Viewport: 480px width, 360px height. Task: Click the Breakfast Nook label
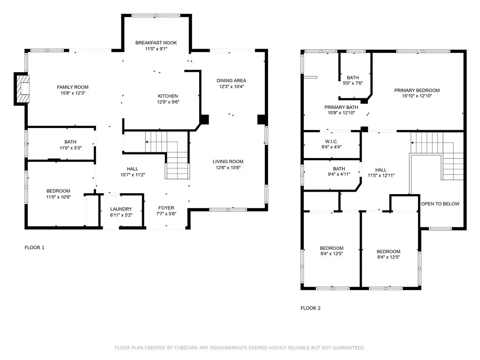point(156,43)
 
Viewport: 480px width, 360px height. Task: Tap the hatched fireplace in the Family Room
point(23,89)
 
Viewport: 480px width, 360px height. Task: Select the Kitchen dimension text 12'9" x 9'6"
point(168,102)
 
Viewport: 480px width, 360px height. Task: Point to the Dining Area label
point(231,81)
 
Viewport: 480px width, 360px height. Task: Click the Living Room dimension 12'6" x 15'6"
point(228,167)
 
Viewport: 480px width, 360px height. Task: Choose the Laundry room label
point(121,209)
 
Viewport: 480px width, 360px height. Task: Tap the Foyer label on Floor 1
point(166,208)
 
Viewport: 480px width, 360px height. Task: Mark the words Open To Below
point(440,204)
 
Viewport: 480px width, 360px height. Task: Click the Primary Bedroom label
point(417,90)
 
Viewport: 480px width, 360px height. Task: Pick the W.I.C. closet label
point(331,142)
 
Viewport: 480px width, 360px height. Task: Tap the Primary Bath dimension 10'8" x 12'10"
point(341,112)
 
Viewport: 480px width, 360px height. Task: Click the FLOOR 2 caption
point(310,308)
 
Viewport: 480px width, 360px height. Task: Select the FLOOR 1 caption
point(34,247)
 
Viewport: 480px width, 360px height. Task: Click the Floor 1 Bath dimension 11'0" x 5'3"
point(70,148)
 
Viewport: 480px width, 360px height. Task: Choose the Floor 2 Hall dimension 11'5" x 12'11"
point(381,175)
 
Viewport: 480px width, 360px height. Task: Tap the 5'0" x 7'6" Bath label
point(352,83)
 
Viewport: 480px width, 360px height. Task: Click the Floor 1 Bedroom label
point(58,191)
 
